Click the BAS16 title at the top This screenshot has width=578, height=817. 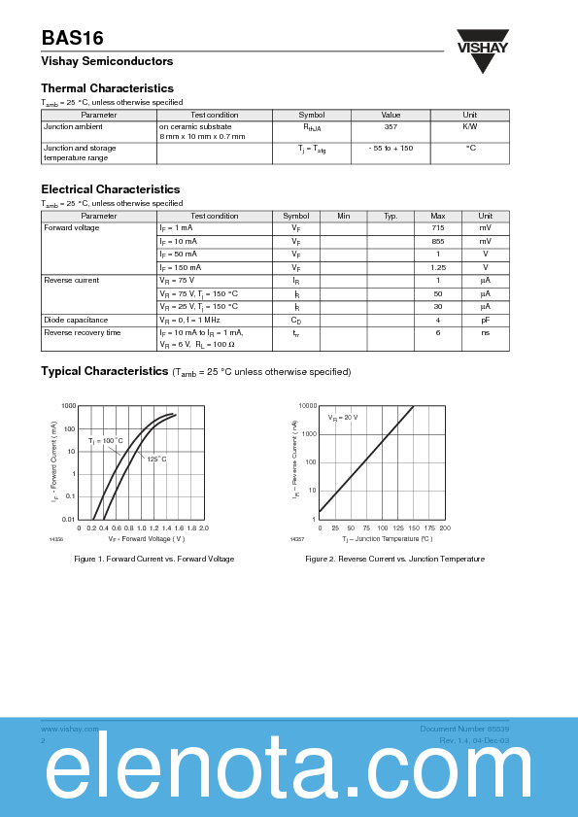72,38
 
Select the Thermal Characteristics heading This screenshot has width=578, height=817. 107,88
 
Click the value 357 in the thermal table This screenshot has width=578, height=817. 391,126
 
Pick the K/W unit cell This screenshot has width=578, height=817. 469,126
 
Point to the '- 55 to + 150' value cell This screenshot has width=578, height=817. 391,148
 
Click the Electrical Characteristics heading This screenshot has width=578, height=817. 110,189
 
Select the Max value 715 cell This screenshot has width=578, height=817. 438,228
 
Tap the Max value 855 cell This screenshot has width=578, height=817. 438,241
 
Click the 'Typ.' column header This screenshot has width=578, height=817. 391,216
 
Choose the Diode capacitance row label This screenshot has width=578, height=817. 76,320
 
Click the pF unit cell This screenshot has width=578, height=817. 485,320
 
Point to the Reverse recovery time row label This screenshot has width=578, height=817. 83,332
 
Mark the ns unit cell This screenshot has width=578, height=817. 485,332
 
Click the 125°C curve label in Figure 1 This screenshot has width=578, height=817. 157,459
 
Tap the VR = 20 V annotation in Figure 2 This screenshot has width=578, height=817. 343,417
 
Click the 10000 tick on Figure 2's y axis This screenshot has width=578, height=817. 307,406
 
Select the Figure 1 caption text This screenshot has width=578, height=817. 153,559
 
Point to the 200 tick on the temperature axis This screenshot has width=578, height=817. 445,528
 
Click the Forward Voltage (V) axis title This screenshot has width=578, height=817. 147,538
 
